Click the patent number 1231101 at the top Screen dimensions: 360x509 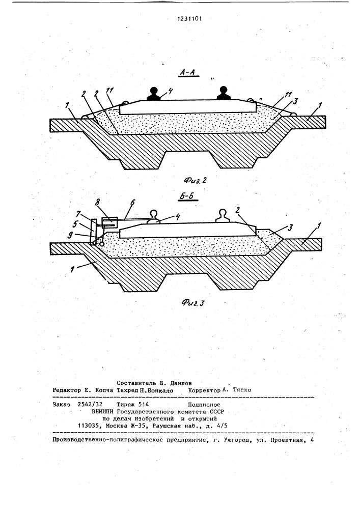point(189,19)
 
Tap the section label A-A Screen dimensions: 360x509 point(187,73)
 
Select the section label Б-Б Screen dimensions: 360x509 point(189,196)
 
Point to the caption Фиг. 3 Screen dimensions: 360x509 point(193,303)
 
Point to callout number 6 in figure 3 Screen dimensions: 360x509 point(132,203)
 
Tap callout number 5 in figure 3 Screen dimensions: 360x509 point(75,223)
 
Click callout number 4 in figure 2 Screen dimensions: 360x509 point(170,91)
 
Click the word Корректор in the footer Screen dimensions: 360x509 point(204,390)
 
